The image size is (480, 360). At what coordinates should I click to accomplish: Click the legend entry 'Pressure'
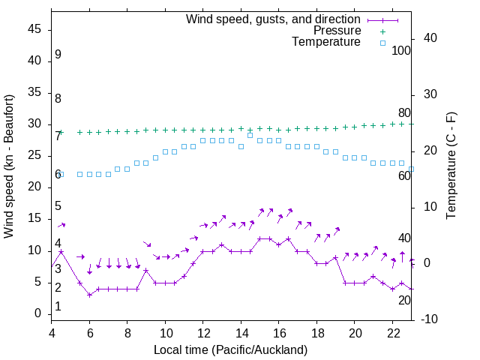[337, 31]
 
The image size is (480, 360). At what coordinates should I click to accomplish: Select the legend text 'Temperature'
[326, 42]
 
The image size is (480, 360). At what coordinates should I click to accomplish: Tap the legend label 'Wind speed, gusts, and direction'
[274, 19]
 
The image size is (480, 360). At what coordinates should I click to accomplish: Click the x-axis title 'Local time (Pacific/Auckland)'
[230, 349]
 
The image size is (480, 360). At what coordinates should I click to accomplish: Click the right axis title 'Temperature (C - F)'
[451, 166]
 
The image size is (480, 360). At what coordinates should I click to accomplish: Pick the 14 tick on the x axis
[241, 332]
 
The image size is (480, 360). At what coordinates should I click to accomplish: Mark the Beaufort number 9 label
[58, 55]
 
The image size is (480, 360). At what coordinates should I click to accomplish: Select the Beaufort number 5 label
[58, 206]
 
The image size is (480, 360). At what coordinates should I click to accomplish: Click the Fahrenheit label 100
[401, 50]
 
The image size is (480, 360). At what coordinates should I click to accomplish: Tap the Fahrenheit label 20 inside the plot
[404, 300]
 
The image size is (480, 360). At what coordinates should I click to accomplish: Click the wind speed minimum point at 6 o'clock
[89, 295]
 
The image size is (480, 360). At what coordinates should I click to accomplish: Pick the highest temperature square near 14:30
[250, 135]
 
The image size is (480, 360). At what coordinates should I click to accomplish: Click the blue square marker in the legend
[382, 43]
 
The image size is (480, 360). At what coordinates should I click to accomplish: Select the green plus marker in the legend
[382, 31]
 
